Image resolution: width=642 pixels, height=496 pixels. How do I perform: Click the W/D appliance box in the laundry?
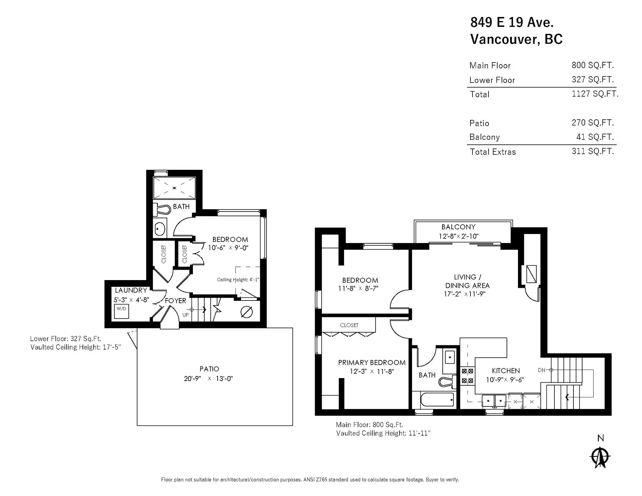(x=121, y=311)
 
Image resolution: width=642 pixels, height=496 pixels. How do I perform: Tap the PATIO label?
(x=209, y=369)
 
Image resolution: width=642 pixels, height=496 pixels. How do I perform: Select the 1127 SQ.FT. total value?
(x=595, y=94)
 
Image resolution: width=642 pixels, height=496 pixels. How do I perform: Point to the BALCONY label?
(x=458, y=227)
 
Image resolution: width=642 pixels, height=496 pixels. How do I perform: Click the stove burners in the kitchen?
(x=467, y=376)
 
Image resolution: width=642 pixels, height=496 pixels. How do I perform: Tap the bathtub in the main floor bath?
(x=437, y=399)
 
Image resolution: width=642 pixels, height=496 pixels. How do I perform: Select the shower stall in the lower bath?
(x=174, y=188)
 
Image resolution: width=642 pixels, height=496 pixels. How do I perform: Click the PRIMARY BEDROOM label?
(x=371, y=363)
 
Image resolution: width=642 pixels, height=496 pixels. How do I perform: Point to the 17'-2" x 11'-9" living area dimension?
(x=464, y=294)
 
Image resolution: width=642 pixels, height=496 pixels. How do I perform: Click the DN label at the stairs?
(x=541, y=370)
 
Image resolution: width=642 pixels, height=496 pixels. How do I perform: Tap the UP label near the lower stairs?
(x=185, y=315)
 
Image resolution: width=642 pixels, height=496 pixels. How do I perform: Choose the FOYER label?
(x=176, y=301)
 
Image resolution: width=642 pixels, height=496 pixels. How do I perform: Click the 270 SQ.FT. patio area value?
(x=593, y=123)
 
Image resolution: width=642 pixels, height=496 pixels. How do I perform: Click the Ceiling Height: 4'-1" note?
(x=238, y=280)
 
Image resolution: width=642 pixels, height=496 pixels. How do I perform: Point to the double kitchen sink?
(x=494, y=400)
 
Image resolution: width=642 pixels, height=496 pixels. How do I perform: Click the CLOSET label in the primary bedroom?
(x=349, y=325)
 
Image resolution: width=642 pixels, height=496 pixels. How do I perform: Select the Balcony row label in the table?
(x=484, y=137)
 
